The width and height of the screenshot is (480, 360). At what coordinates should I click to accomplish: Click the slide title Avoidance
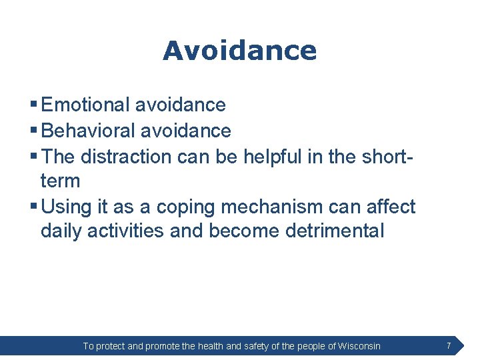click(x=239, y=51)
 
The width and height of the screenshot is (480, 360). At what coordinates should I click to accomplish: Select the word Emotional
click(x=85, y=105)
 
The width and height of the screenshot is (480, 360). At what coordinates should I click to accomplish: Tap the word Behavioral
click(x=88, y=131)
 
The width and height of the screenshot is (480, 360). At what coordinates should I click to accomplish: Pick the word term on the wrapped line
click(x=60, y=181)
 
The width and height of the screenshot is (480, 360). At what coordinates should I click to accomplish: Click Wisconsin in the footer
click(x=359, y=346)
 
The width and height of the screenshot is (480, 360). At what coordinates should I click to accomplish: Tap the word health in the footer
click(x=211, y=346)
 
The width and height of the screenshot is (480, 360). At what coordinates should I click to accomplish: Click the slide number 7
click(x=449, y=345)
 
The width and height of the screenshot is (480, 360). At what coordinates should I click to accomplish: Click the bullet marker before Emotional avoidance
click(x=33, y=105)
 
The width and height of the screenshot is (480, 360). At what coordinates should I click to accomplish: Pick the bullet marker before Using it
click(x=33, y=207)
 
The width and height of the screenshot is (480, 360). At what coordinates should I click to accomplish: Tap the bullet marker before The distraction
click(x=33, y=157)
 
